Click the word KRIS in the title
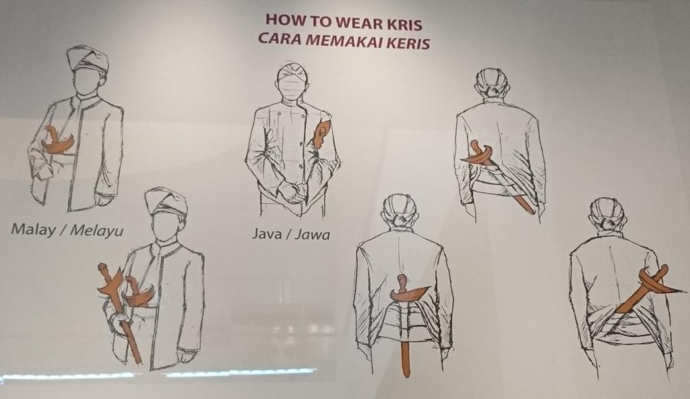(404, 22)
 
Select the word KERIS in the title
(407, 43)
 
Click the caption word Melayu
(97, 231)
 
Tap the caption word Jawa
(312, 234)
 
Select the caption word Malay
(34, 230)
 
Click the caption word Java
(267, 233)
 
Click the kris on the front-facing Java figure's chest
(320, 134)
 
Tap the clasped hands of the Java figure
(294, 191)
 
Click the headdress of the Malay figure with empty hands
(88, 59)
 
